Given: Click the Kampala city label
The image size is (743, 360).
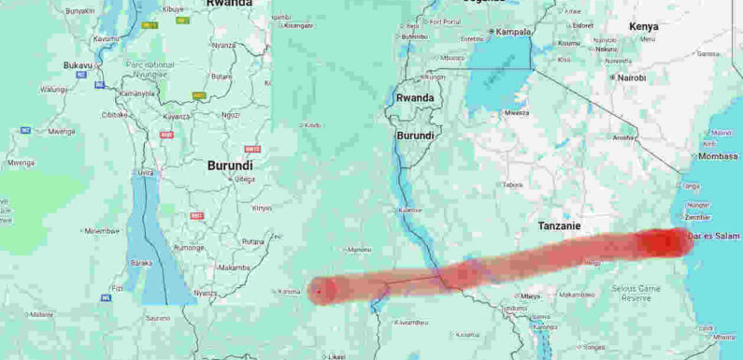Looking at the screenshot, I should coord(513,31).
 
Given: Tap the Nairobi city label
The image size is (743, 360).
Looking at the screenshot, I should coord(631,78).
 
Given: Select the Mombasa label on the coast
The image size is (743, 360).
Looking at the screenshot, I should coord(718,156).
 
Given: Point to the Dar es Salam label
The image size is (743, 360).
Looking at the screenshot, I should coord(714,236).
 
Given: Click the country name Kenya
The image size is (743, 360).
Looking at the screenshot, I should coord(643,26).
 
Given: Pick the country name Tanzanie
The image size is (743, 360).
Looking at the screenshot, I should coord(560,225).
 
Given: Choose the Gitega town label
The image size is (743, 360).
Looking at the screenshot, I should coord(244,179).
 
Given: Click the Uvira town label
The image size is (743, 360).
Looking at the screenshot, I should coord(146,172).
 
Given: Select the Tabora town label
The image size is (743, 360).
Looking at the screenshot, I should coord(514,184).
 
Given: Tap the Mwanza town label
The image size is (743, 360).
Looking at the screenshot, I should coord(516,113).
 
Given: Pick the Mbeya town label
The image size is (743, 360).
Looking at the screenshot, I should coord(532,295).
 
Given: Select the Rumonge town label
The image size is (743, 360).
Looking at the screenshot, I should coord(189,248).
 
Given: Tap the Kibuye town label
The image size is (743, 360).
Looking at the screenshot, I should coord(174,9).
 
